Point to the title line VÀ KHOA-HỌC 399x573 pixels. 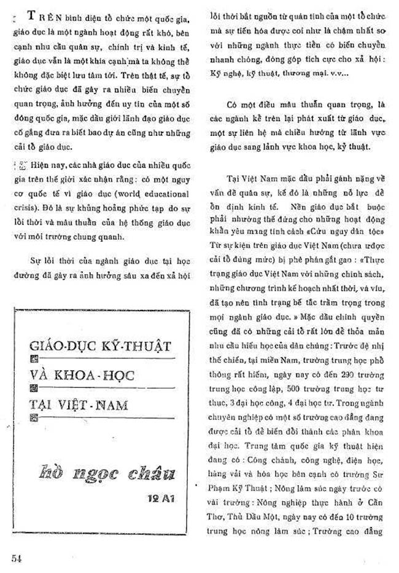pos(84,375)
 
